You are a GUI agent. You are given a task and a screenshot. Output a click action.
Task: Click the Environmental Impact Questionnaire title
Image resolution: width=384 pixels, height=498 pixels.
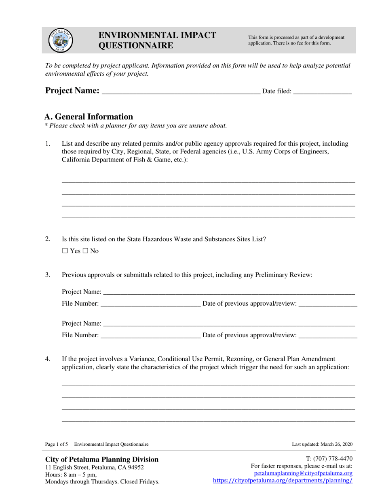[x=158, y=40]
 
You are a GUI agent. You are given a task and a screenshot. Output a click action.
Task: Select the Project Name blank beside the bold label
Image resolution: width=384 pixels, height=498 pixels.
[x=181, y=91]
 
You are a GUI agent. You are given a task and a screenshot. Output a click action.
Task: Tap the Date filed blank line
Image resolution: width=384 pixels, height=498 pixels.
[x=322, y=91]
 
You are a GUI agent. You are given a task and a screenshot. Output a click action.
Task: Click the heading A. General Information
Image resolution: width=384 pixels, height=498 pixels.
[x=89, y=117]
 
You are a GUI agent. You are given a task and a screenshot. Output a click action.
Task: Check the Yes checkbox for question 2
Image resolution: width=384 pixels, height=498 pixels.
[x=65, y=251]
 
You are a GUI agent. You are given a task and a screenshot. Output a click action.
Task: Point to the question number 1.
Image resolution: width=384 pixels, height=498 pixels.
[x=48, y=143]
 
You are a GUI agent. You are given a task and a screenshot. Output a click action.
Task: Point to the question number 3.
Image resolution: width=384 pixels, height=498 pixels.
[x=48, y=275]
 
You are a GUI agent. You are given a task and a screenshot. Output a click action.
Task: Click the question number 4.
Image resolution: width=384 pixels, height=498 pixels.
[x=48, y=359]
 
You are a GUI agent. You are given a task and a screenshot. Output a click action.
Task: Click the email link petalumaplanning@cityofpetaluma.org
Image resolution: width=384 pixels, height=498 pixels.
[x=303, y=473]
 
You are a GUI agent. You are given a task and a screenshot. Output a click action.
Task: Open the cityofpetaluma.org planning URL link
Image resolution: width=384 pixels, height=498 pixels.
[x=283, y=481]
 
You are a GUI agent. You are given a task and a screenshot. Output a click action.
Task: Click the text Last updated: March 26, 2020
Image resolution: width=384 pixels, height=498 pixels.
[x=322, y=444]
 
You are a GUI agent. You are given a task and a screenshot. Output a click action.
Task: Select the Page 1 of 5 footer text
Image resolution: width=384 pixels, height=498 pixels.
[x=57, y=444]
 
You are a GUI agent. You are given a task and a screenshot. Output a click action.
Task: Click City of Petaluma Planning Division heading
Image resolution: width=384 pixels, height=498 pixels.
[x=102, y=459]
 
